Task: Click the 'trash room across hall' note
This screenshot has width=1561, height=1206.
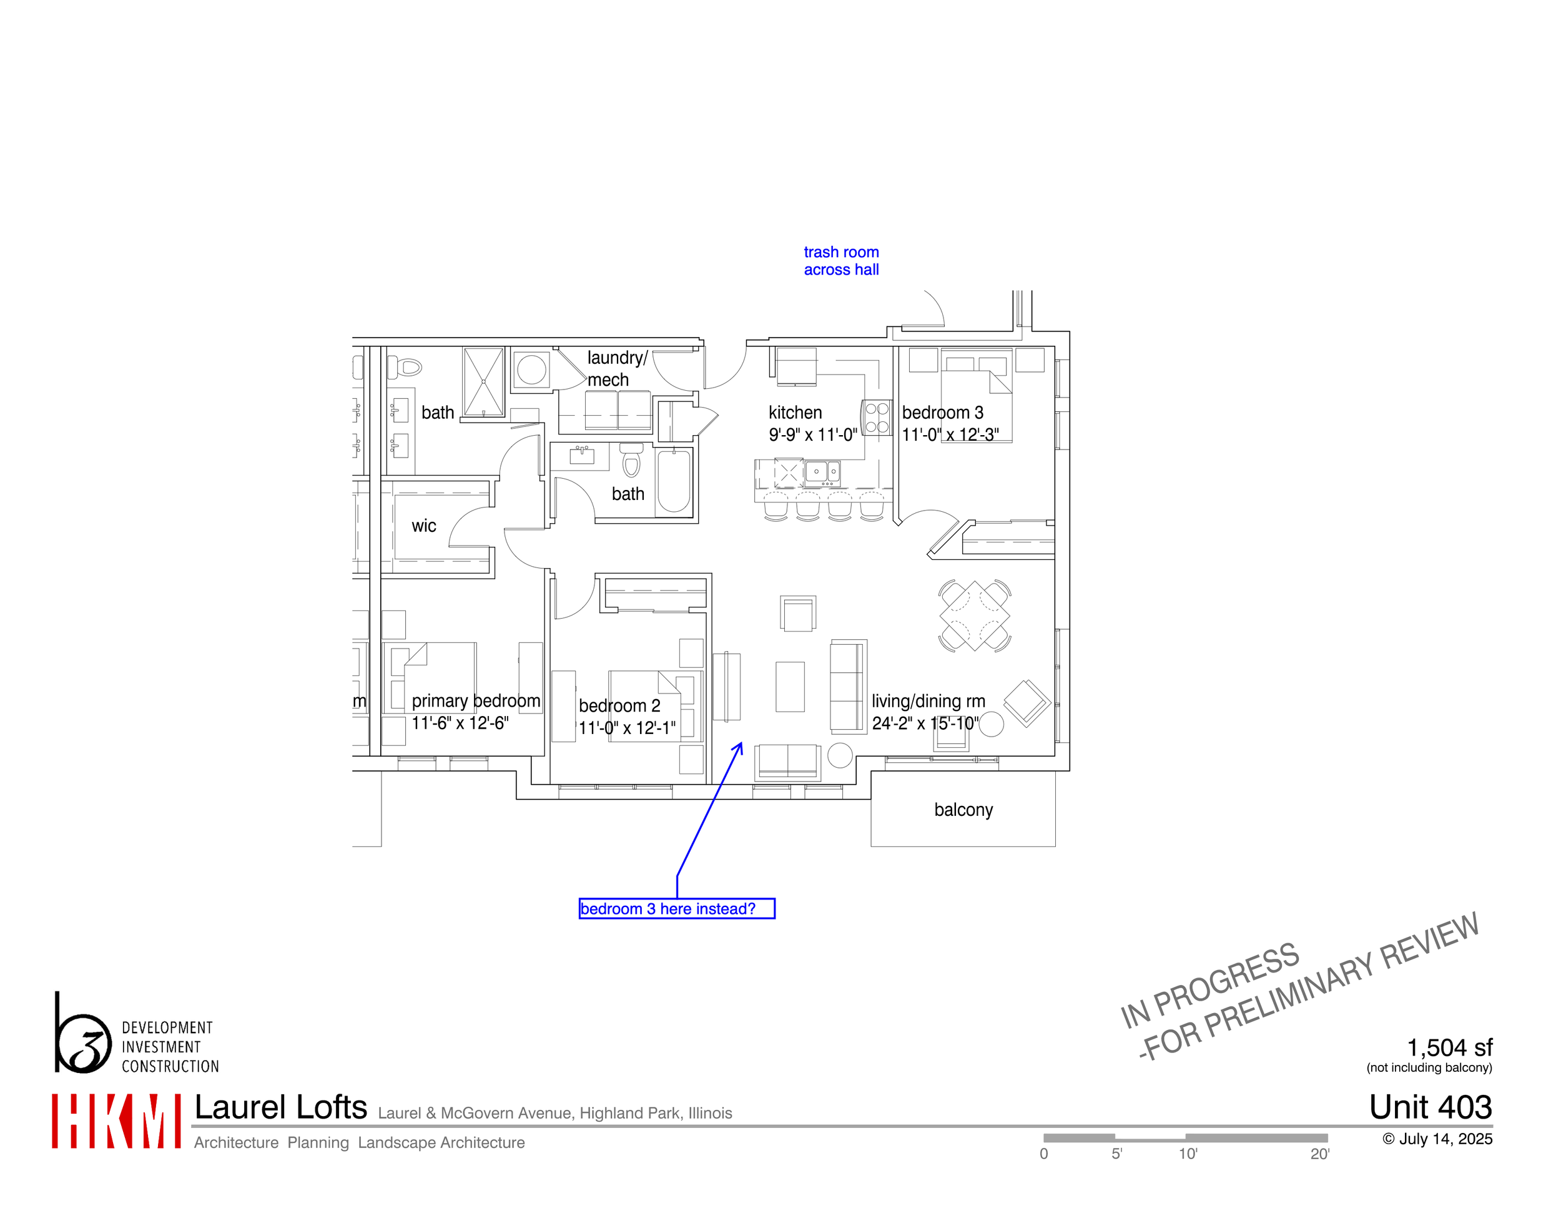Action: point(840,261)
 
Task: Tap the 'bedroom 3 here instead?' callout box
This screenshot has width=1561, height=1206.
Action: point(676,908)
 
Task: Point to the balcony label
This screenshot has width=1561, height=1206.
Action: point(963,810)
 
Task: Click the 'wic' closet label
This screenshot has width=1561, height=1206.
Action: point(423,526)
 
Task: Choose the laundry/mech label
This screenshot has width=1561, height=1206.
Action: point(616,368)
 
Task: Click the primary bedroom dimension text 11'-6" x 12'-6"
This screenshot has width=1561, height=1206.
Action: point(460,723)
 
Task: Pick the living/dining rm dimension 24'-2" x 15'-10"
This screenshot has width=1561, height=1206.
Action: point(925,723)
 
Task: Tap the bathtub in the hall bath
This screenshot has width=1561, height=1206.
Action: point(673,481)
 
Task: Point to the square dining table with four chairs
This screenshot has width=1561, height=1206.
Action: point(974,615)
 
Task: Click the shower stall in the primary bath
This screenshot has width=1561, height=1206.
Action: point(483,381)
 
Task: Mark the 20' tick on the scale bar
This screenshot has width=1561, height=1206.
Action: point(1319,1154)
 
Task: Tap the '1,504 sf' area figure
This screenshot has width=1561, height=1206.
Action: point(1449,1047)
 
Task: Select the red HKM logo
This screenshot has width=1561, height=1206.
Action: point(116,1121)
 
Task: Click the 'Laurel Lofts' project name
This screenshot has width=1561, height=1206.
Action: point(280,1107)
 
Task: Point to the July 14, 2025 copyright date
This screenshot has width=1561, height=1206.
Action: point(1437,1139)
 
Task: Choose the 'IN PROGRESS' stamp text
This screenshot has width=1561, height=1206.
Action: point(1209,984)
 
